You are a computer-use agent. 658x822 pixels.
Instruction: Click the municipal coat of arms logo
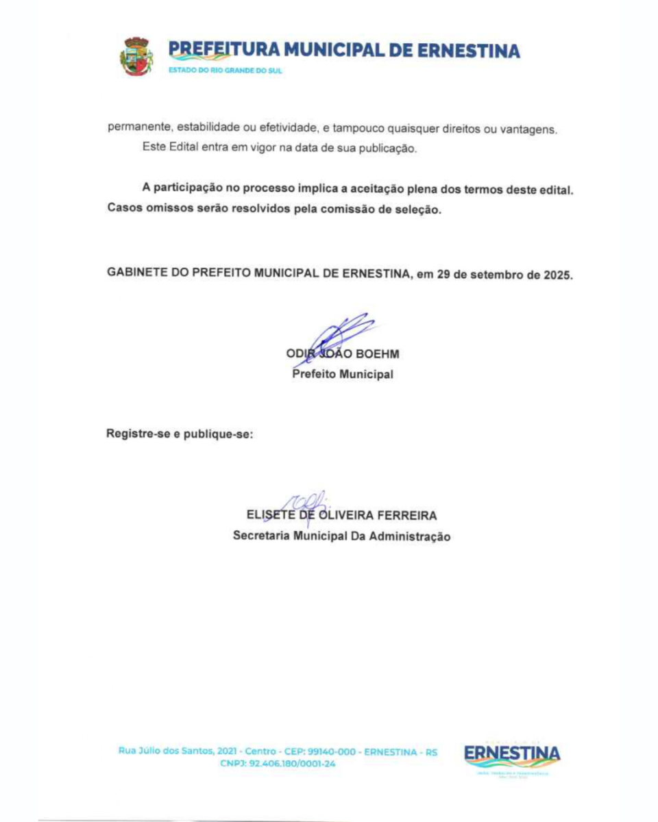coord(137,56)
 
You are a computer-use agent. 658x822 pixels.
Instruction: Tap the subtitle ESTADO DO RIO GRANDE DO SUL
coord(225,71)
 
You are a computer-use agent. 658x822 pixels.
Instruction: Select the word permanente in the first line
coord(134,127)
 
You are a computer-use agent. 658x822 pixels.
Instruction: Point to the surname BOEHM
coord(377,354)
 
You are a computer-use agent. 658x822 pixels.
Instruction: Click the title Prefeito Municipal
coord(343,375)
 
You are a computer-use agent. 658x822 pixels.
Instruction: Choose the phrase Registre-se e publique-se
coord(180,434)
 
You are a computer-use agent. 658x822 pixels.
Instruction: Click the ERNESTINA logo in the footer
coord(512,755)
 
